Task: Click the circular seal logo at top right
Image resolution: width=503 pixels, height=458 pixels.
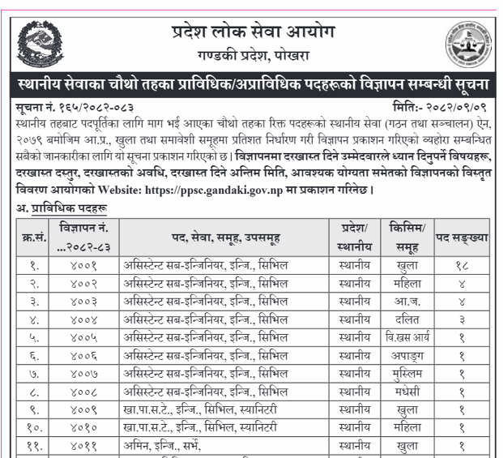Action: pyautogui.click(x=467, y=43)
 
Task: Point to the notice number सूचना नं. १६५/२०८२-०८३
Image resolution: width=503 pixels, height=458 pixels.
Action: pyautogui.click(x=74, y=106)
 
